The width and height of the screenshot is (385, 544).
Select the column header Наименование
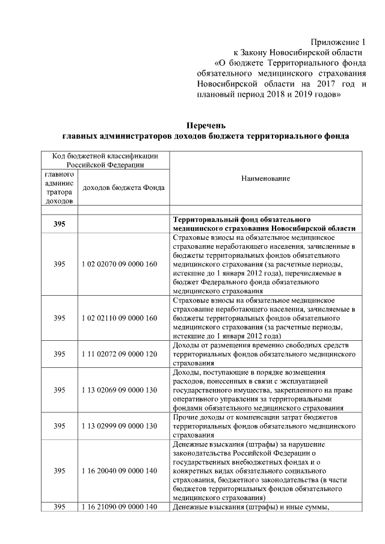click(x=265, y=179)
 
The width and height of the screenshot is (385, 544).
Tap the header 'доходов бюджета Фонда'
click(x=123, y=188)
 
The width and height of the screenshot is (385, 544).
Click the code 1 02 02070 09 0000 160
click(x=119, y=264)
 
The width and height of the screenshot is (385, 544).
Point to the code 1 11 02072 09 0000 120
click(x=119, y=355)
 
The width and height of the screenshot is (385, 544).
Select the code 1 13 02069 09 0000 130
click(x=119, y=390)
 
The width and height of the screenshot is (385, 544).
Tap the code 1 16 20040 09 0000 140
click(x=119, y=471)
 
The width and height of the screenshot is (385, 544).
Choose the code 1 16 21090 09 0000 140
click(x=119, y=507)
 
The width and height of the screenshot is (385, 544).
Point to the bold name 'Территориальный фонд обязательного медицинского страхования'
click(x=263, y=224)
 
